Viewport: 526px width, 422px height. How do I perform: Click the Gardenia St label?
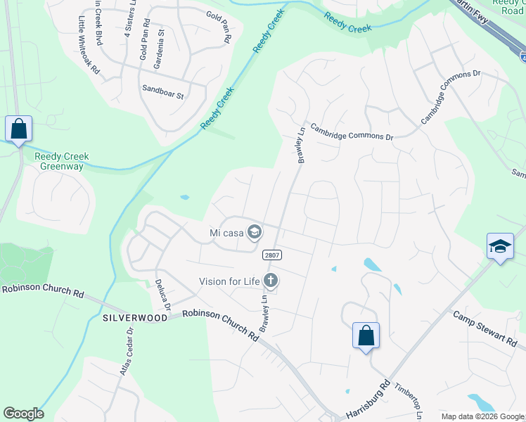[161, 41]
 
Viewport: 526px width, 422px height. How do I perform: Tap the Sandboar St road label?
[162, 90]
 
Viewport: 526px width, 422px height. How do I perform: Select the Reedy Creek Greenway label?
[60, 161]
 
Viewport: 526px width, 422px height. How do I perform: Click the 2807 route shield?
[271, 255]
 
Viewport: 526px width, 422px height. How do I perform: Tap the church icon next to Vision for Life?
[271, 281]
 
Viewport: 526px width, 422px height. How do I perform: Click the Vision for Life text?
[229, 282]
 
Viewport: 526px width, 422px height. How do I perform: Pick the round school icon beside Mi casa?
[255, 231]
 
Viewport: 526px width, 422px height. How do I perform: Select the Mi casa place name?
[226, 232]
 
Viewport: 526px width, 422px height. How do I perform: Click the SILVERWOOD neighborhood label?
[135, 318]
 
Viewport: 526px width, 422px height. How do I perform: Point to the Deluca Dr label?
[162, 296]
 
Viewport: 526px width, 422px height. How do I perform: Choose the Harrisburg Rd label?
[366, 400]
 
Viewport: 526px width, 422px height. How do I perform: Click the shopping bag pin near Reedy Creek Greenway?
[18, 129]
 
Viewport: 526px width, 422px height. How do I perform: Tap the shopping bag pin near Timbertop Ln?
[366, 335]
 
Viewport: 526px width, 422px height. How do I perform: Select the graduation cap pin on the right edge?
[499, 247]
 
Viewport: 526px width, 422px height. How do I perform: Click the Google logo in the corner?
[23, 414]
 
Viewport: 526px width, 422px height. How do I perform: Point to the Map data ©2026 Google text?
[482, 416]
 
